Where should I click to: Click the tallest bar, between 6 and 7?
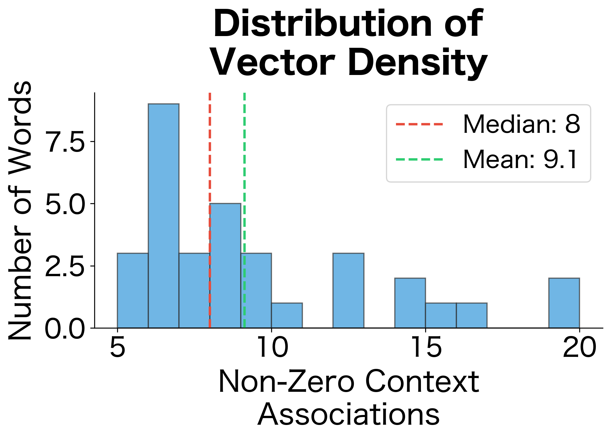[x=163, y=216]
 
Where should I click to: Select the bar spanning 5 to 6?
[x=133, y=290]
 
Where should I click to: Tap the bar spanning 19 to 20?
[x=564, y=303]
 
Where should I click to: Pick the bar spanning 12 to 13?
[x=348, y=290]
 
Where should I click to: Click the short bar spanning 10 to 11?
[x=287, y=315]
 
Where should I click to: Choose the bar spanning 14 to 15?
[x=410, y=303]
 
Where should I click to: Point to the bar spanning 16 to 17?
[x=472, y=315]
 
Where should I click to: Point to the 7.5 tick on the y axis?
[x=65, y=142]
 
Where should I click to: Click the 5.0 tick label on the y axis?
[x=65, y=204]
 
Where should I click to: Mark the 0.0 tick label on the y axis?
[x=65, y=328]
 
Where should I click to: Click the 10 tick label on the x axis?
[x=272, y=348]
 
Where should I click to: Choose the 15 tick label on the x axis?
[x=426, y=348]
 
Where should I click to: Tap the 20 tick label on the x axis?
[x=580, y=348]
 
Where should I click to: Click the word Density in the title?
[x=417, y=62]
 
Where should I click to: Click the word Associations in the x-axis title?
[x=348, y=414]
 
